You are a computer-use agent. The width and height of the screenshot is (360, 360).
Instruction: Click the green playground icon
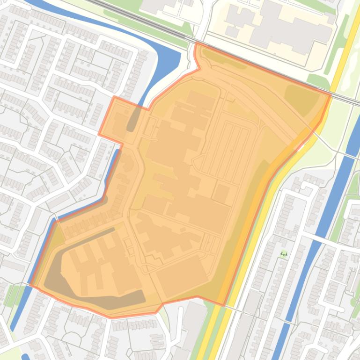pyautogui.click(x=283, y=254)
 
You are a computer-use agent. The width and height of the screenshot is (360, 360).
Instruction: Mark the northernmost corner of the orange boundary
pyautogui.click(x=196, y=43)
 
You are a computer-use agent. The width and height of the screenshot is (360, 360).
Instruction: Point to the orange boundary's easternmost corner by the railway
pyautogui.click(x=331, y=95)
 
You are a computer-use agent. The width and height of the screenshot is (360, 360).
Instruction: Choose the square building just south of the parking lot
pyautogui.click(x=221, y=193)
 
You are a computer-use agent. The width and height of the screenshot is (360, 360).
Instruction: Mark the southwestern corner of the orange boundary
pyautogui.click(x=31, y=284)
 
